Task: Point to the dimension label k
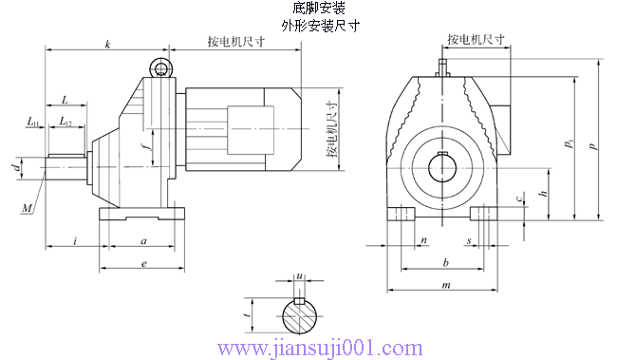tap(107, 45)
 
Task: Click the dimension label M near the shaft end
tap(28, 206)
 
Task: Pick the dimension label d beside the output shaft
tap(15, 168)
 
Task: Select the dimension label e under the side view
tap(142, 263)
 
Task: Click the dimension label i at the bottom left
tap(74, 242)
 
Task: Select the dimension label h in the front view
tap(542, 193)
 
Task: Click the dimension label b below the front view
tap(445, 261)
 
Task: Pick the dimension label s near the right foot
tap(469, 241)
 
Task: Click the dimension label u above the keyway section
tap(299, 277)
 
